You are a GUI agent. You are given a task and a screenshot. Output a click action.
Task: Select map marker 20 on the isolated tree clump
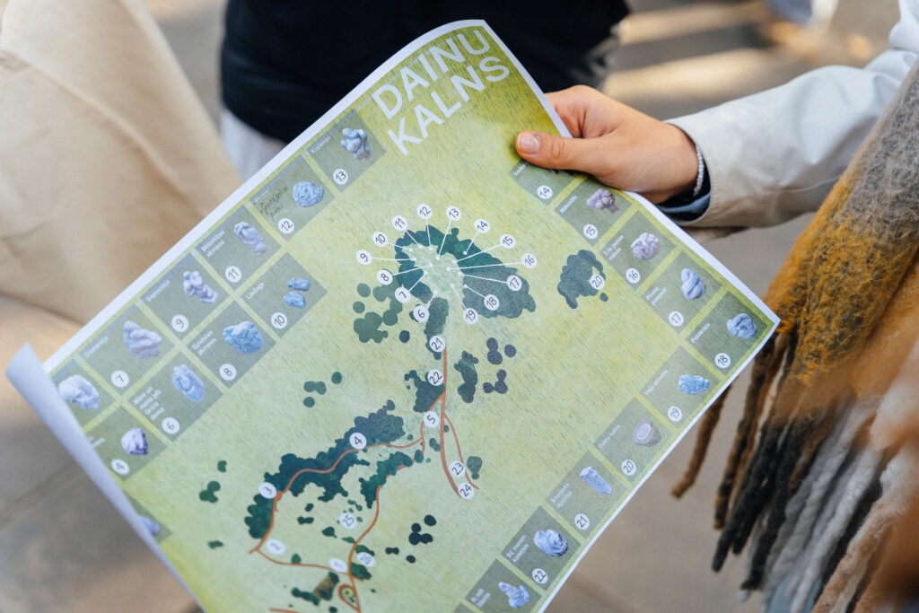click(x=597, y=281)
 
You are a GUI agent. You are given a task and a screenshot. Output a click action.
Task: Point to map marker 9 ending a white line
click(x=363, y=258)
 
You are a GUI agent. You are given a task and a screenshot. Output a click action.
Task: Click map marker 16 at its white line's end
click(x=529, y=260)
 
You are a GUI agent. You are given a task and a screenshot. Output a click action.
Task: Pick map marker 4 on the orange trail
click(x=357, y=441)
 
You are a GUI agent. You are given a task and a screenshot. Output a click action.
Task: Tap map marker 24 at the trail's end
click(x=466, y=490)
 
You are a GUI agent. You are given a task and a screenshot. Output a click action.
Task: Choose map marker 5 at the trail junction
click(x=432, y=418)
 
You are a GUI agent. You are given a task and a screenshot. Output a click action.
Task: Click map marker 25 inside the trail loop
click(x=347, y=520)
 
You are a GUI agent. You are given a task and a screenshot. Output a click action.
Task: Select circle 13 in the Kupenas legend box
click(x=340, y=177)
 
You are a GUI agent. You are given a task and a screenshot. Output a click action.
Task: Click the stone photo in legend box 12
click(x=308, y=194)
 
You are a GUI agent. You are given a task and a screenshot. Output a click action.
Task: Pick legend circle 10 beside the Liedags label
click(x=279, y=320)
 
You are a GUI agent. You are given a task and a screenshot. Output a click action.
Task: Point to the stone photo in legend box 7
click(x=142, y=340)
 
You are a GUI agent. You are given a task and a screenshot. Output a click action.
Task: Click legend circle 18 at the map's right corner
click(x=722, y=360)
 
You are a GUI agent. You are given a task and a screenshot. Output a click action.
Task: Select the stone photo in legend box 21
click(x=595, y=480)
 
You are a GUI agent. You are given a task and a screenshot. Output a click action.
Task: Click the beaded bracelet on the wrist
click(x=698, y=170)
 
